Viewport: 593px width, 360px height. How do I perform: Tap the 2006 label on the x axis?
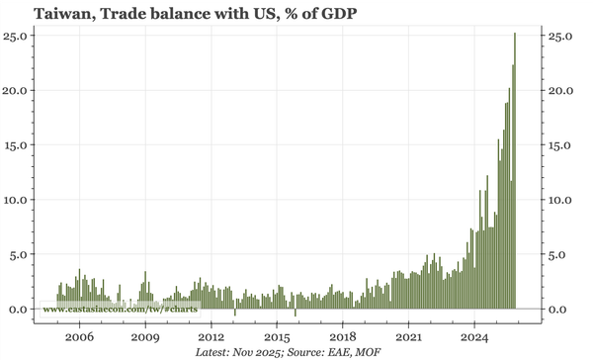pos(80,336)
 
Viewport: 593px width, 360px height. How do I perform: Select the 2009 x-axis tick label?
pos(145,336)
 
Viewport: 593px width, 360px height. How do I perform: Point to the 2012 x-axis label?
pos(212,336)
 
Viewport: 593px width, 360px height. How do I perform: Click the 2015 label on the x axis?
pos(277,336)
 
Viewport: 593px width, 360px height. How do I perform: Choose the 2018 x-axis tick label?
pos(343,336)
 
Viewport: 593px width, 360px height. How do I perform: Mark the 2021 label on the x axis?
pos(408,336)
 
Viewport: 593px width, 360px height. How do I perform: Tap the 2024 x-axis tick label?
pos(474,336)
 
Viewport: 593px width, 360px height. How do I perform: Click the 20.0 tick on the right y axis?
pos(560,90)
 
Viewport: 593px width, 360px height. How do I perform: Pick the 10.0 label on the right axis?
pos(560,200)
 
